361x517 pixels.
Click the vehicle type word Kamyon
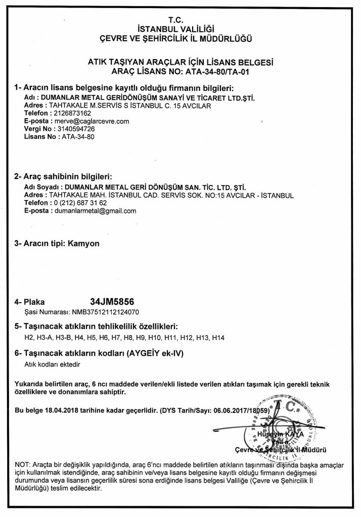(83, 243)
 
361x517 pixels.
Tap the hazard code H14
(218, 337)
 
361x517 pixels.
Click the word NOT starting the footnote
(22, 464)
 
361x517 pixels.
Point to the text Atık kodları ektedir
(53, 363)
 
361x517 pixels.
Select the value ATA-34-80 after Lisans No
(78, 136)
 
